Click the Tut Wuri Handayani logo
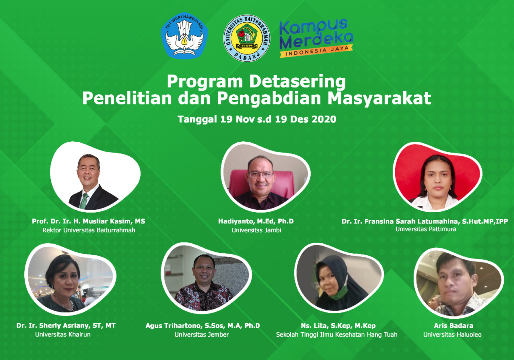184,36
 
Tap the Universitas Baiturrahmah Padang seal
247,38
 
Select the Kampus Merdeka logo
316,38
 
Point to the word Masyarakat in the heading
379,99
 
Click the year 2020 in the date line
324,119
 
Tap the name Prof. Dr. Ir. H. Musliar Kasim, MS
88,221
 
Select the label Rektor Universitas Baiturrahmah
89,230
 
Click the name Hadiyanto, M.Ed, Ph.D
256,221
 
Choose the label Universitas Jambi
257,230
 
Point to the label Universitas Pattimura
426,229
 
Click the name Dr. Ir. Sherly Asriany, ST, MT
66,325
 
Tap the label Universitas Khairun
63,335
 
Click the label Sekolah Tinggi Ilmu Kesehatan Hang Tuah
337,335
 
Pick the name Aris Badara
453,326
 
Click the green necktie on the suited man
84,201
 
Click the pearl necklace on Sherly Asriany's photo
65,303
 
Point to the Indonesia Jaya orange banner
316,51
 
